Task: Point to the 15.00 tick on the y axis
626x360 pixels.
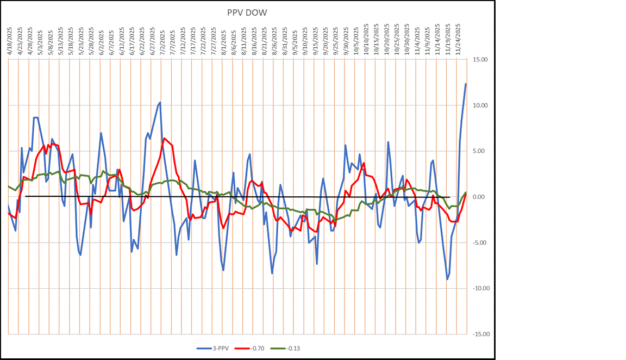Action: (479, 60)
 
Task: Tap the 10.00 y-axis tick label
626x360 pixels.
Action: (479, 105)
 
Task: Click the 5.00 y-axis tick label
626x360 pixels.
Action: (480, 151)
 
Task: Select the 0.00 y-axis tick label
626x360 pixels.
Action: (480, 197)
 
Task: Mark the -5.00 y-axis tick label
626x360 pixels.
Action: (479, 243)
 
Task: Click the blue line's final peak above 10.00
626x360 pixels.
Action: (466, 84)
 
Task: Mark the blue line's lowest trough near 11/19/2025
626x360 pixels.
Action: (447, 279)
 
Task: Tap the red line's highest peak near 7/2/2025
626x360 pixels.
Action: (164, 138)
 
